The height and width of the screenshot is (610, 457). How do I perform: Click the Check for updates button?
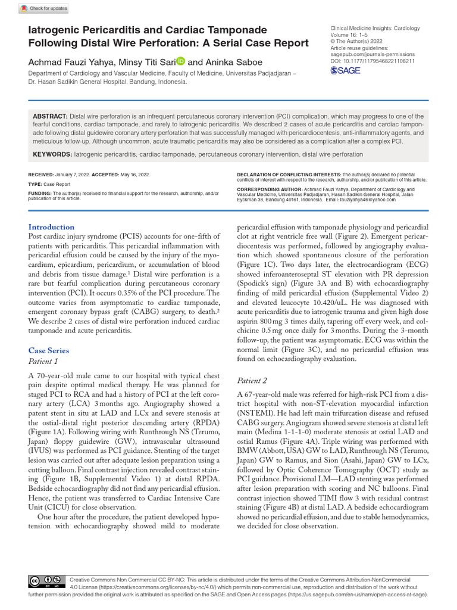44,8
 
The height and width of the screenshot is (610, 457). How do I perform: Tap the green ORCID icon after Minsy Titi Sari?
180,61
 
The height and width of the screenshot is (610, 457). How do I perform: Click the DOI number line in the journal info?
372,61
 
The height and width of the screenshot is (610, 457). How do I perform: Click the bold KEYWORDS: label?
52,154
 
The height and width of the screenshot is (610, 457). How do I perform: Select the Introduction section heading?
52,227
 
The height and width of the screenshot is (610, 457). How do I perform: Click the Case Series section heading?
49,351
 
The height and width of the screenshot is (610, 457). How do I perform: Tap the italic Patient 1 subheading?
43,362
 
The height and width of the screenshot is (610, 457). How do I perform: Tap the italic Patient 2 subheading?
252,381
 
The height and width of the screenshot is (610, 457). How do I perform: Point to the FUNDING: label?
40,194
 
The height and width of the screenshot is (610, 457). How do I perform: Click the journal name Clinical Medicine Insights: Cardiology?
374,28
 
